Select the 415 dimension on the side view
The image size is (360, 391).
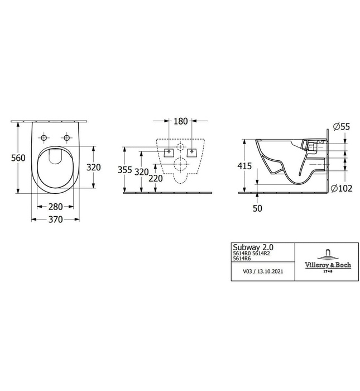coord(244,166)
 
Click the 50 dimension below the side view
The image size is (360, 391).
coord(257,208)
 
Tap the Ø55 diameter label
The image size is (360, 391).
coord(342,127)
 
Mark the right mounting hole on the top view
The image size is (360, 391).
coord(67,137)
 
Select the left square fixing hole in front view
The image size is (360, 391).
coord(169,150)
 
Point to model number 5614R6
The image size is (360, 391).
coord(241,259)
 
